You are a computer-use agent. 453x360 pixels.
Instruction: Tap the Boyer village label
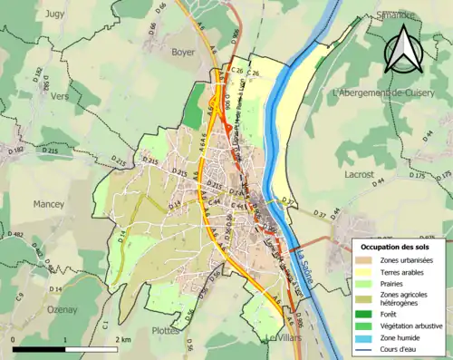tap(183, 53)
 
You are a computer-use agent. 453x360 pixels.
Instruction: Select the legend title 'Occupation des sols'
tap(395, 247)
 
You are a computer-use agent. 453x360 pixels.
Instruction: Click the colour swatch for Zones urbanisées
tap(367, 261)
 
